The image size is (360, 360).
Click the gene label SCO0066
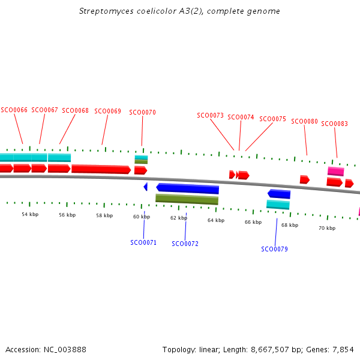click(14, 110)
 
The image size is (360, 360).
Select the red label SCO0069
click(107, 111)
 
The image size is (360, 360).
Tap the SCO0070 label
click(142, 112)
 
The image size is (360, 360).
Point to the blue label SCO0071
click(143, 242)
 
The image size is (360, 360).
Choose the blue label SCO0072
click(185, 244)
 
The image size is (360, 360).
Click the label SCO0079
click(274, 249)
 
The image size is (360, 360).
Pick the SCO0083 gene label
click(334, 124)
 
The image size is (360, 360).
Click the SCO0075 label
click(272, 119)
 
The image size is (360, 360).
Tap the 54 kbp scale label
click(30, 214)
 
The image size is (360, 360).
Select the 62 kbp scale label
click(178, 218)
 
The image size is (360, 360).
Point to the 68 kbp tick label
click(289, 225)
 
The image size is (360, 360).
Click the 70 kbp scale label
click(326, 228)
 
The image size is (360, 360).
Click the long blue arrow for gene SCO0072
click(187, 188)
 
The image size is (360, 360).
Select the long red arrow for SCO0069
click(101, 169)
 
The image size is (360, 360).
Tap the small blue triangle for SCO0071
click(145, 187)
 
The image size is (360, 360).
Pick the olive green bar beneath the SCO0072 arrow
click(187, 199)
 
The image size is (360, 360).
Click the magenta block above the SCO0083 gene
click(335, 172)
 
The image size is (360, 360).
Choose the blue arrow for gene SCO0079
click(279, 194)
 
